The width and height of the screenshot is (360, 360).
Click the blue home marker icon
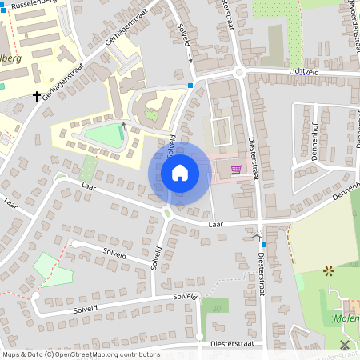coord(179,173)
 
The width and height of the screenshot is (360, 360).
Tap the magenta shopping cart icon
coord(236,170)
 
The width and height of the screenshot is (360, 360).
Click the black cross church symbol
coord(36,97)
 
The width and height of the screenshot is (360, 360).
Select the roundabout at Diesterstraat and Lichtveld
coord(238,74)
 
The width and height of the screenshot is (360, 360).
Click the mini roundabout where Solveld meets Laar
coord(168,213)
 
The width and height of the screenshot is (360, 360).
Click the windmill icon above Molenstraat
coord(345,345)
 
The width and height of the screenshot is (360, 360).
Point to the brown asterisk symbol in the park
coord(328,271)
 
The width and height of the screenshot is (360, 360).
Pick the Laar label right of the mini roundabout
coord(214,225)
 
